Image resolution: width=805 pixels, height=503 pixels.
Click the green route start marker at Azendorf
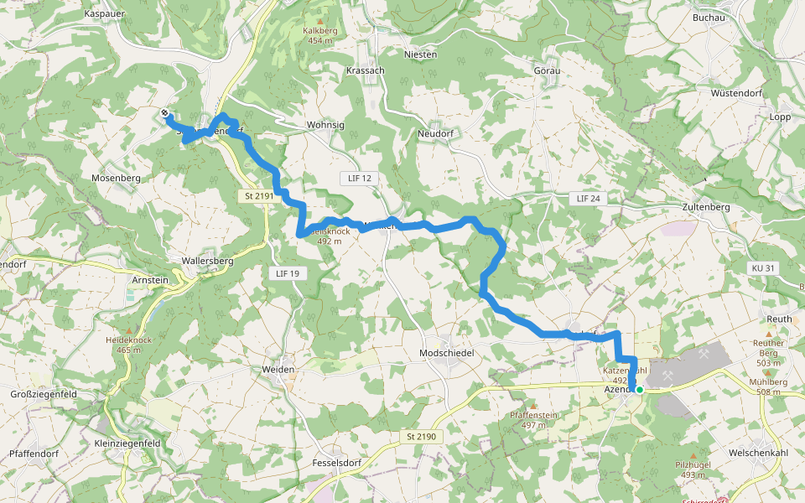[x=639, y=389]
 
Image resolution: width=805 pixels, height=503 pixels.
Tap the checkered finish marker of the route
[x=165, y=113]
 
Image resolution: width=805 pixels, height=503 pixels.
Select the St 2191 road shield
[x=260, y=196]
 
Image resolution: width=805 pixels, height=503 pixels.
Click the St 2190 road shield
[x=422, y=437]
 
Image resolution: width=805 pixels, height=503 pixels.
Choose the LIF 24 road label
[x=589, y=199]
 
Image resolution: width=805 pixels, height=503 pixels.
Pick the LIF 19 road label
[x=287, y=273]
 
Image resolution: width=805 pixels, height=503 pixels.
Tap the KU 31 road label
[x=763, y=267]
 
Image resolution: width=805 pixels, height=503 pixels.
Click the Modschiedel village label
[x=446, y=354]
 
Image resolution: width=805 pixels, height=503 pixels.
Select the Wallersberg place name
[x=213, y=261]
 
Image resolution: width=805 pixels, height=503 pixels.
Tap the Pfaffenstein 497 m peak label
[x=534, y=420]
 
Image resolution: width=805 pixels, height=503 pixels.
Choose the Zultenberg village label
[x=706, y=207]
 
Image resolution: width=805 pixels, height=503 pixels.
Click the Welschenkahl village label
[x=759, y=454]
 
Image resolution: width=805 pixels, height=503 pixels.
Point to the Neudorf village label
[x=435, y=133]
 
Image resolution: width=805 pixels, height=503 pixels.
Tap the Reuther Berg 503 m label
[x=769, y=347]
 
